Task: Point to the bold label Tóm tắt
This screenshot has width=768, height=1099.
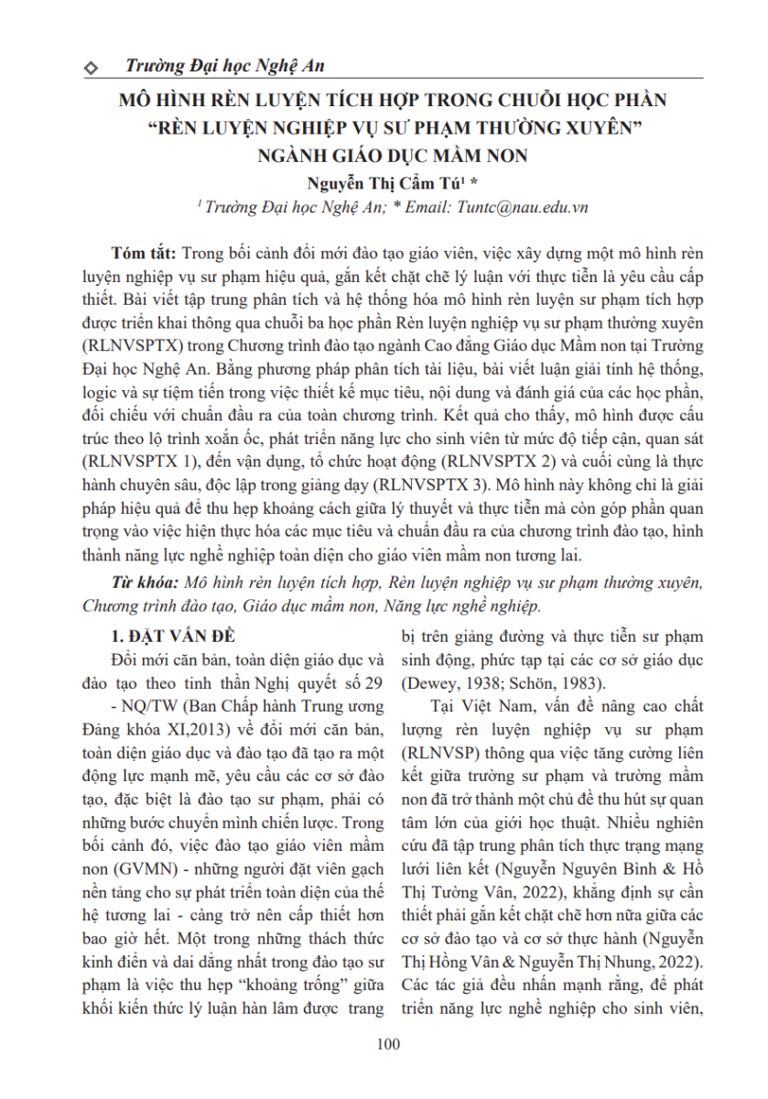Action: pos(145,253)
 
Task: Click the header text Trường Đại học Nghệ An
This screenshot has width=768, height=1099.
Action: pos(223,66)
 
